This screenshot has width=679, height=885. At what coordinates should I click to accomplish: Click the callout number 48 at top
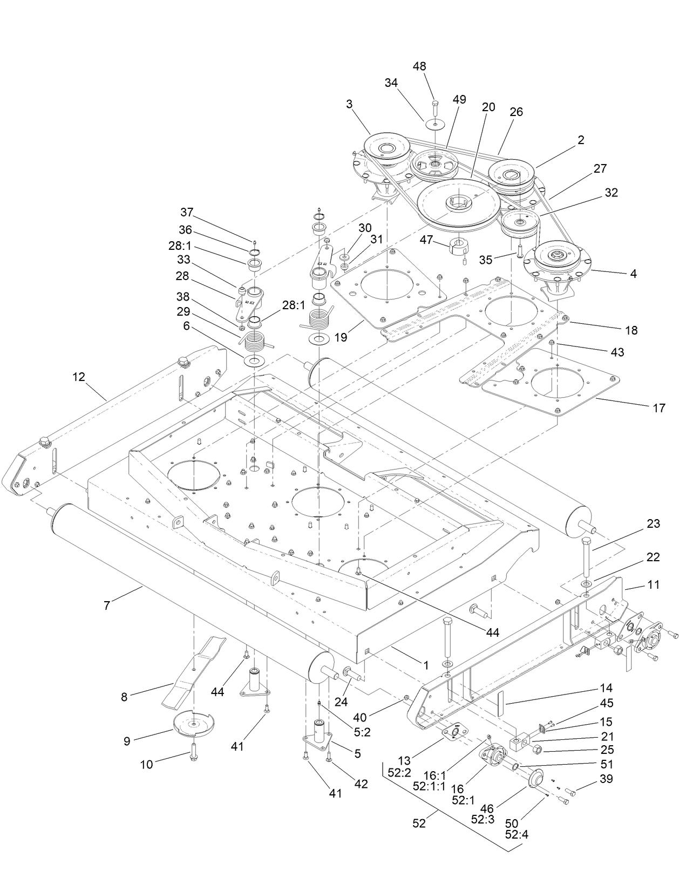click(419, 66)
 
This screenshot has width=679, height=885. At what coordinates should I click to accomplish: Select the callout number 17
click(659, 408)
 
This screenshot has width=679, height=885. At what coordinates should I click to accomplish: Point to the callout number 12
click(79, 377)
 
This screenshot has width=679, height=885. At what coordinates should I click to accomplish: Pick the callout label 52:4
click(516, 834)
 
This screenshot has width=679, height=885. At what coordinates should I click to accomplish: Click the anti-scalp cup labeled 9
click(193, 723)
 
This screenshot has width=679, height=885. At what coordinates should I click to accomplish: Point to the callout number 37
click(187, 212)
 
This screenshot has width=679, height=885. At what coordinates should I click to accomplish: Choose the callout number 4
click(633, 274)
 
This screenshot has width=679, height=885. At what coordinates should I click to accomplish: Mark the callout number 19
click(341, 338)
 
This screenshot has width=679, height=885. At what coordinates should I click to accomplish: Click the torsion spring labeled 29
click(254, 341)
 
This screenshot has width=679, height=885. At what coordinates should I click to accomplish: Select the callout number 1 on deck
click(426, 665)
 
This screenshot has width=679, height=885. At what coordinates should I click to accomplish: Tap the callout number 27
click(600, 168)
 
